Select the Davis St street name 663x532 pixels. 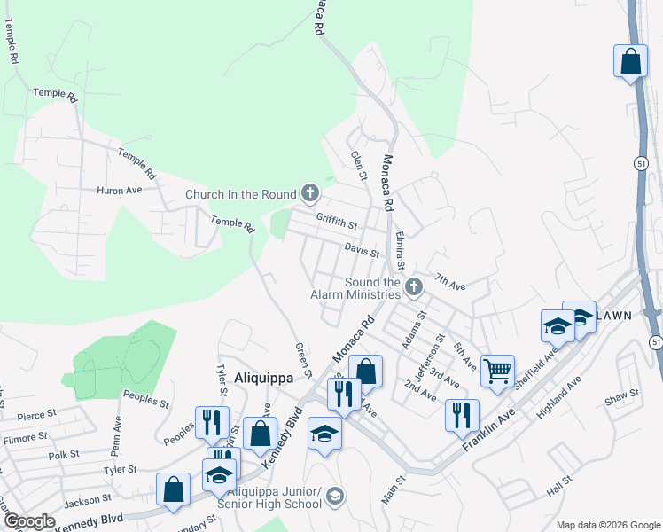[362, 253]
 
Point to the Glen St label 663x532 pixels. [358, 165]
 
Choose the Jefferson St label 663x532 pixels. [437, 352]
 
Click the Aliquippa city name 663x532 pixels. [263, 377]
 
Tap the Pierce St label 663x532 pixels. [36, 413]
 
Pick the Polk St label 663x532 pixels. [64, 454]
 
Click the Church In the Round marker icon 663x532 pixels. [309, 192]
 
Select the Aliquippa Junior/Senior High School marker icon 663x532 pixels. [333, 495]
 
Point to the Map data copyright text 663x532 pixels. [607, 525]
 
